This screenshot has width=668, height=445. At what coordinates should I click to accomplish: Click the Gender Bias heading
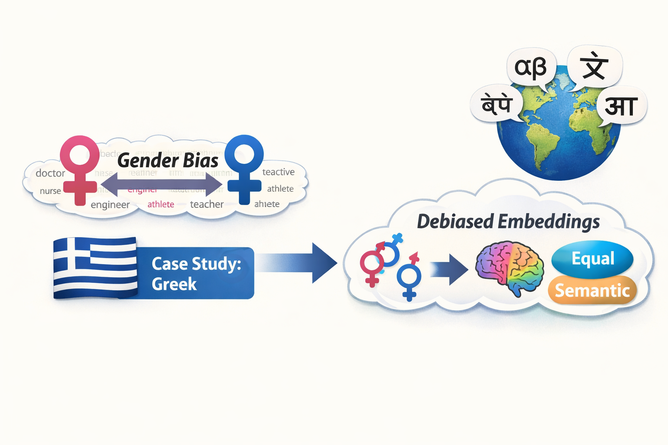[x=168, y=160]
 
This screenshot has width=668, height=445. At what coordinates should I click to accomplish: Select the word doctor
[x=50, y=173]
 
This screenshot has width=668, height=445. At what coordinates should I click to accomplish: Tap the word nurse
[x=50, y=191]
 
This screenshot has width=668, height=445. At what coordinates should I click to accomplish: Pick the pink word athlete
[x=160, y=204]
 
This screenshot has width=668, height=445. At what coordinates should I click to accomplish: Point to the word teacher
[x=207, y=204]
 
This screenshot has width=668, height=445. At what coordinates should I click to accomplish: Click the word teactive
[x=278, y=172]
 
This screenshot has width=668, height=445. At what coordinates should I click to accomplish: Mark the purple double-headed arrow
[x=161, y=184]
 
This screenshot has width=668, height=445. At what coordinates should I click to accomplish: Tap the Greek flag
[x=95, y=268]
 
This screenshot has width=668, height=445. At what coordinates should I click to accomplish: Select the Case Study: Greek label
[x=196, y=273]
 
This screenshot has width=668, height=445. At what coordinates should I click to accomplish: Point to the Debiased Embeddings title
[x=508, y=222]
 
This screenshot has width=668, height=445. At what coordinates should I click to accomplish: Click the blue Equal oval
[x=592, y=259]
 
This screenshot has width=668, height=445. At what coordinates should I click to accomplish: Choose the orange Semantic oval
[x=592, y=290]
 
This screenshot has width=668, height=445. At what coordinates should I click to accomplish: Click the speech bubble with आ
[x=621, y=106]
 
